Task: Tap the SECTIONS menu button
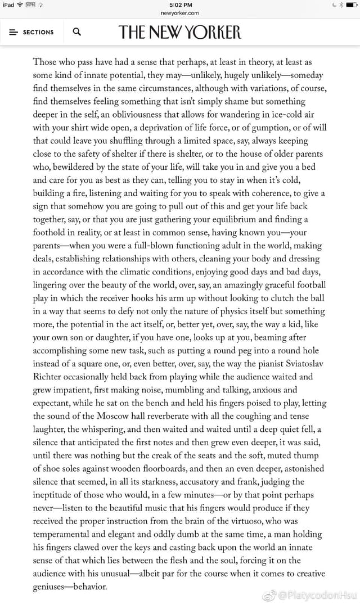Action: click(x=31, y=32)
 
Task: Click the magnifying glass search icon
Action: click(x=77, y=32)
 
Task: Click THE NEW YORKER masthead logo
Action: click(x=179, y=32)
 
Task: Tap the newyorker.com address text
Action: click(x=179, y=13)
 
